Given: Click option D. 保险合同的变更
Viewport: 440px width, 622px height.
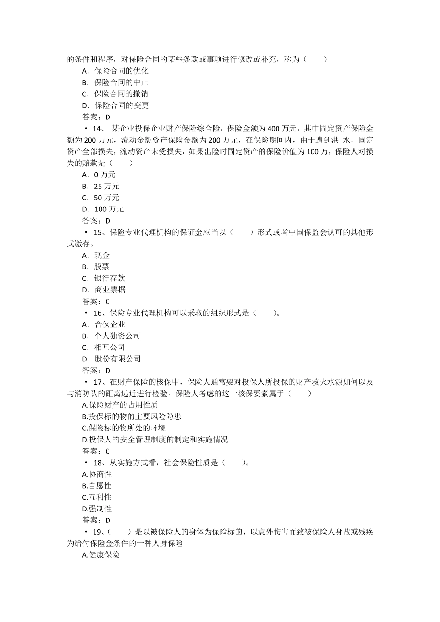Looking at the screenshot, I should (115, 106).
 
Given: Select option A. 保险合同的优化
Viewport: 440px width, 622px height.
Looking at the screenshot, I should (115, 71).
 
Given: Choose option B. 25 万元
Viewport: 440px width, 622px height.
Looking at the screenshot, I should (101, 186).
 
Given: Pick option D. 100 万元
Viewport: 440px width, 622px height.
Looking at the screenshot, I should (103, 209).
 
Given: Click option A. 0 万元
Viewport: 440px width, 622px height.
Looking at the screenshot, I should (99, 174).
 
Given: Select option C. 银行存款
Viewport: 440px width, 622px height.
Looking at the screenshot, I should (103, 278).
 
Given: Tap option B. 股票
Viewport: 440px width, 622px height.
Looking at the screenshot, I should (96, 267).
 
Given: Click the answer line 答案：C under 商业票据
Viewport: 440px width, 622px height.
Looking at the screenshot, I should (96, 301).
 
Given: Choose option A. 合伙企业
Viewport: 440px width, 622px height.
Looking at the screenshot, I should (104, 324).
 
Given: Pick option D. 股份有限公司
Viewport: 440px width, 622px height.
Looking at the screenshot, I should (111, 359).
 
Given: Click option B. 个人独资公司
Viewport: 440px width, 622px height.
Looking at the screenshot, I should (111, 336).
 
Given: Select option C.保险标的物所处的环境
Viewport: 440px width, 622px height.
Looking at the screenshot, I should (124, 428).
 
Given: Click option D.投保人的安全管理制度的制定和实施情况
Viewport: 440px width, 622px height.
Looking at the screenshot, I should (155, 440).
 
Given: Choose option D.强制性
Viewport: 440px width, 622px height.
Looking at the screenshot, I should (97, 509).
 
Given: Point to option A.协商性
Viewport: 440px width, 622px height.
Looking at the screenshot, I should (97, 474).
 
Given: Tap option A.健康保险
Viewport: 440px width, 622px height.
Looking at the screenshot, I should (101, 555).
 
